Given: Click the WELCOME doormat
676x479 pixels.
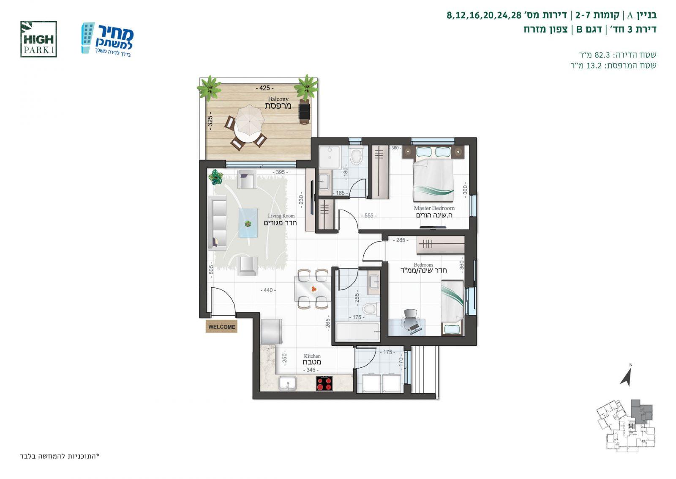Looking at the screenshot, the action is tap(221, 327).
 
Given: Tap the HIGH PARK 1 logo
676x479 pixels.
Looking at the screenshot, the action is tap(38, 39).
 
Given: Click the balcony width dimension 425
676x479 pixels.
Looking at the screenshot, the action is tap(264, 88).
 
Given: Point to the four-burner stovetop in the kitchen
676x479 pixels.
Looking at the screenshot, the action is tap(324, 383).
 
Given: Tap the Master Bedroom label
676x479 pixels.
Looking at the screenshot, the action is tap(434, 208).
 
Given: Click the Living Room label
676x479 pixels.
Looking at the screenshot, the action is tap(281, 216).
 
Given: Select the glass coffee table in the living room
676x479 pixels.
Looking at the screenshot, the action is tap(248, 223).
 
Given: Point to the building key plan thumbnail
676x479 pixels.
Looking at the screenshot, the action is tap(626, 426).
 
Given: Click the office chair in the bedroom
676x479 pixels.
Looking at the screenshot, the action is tap(411, 321).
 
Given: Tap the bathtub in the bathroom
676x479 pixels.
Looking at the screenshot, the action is tap(357, 332).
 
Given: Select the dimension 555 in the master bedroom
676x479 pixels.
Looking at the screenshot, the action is tap(369, 216).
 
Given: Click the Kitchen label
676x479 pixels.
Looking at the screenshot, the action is tap(312, 356).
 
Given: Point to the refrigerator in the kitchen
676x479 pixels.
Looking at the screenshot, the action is tap(272, 331).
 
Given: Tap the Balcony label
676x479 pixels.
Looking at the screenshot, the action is tap(278, 99).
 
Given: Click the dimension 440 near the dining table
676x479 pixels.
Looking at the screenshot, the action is tap(268, 290).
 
